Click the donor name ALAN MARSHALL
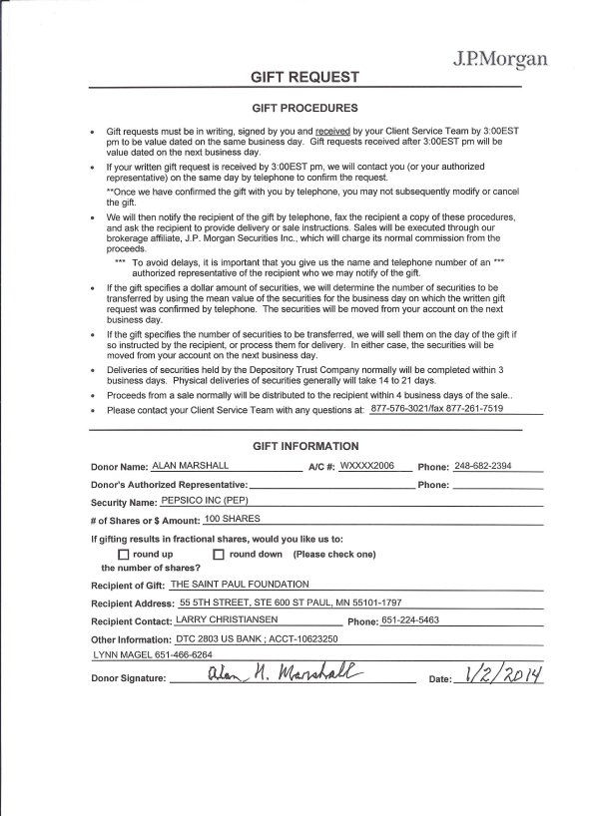tap(191, 466)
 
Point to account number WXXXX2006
tap(368, 466)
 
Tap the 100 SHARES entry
tap(232, 519)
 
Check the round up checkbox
tap(124, 555)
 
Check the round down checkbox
tap(219, 555)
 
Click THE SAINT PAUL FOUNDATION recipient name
tap(240, 584)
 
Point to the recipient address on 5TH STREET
tap(291, 603)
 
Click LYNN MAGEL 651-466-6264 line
tap(152, 654)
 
